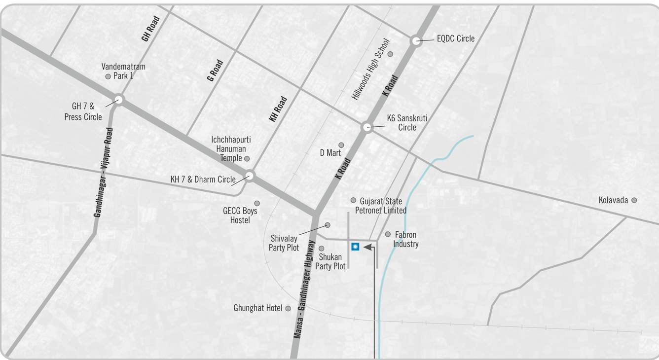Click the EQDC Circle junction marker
point(416,41)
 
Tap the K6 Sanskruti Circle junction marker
point(366,127)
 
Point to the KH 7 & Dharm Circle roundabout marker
point(250,176)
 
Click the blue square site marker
point(355,247)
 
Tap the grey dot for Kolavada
point(634,200)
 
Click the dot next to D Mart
point(341,145)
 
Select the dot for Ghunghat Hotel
point(288,308)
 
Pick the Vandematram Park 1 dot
point(108,76)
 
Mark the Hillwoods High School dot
point(390,54)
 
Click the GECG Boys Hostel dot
point(256,203)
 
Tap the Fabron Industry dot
point(388,234)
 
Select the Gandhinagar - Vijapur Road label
point(103,173)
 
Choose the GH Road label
point(150,28)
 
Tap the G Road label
point(215,71)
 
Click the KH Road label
point(278,109)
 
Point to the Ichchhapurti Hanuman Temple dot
point(247,159)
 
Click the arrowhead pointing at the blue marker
point(367,247)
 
